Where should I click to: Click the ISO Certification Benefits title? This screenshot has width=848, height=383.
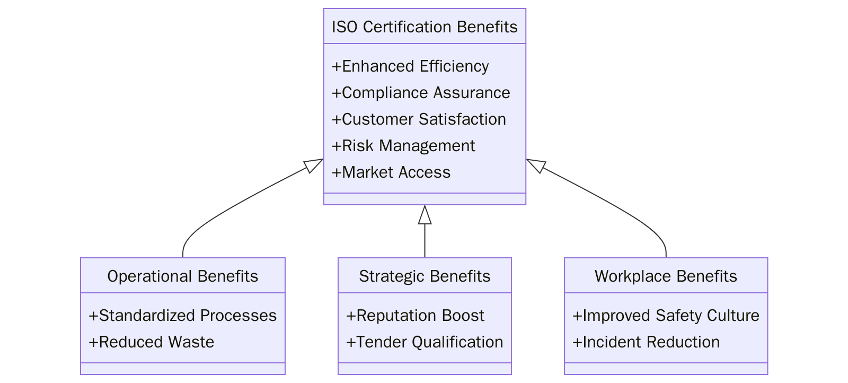(424, 27)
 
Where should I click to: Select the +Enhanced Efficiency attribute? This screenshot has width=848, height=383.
(410, 66)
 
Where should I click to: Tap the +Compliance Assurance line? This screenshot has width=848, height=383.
(420, 93)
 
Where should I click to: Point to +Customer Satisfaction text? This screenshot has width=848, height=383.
(418, 119)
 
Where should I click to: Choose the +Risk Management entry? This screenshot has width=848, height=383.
(403, 146)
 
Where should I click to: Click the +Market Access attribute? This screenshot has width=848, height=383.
(391, 172)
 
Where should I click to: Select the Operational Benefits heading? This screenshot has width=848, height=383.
(182, 276)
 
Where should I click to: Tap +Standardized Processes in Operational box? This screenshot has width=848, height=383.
(182, 316)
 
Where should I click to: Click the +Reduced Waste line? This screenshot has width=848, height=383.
(151, 342)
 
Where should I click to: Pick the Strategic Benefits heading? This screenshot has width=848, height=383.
(425, 276)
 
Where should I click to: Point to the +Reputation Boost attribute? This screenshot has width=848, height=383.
(414, 316)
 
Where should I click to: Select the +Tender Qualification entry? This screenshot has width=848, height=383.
(424, 342)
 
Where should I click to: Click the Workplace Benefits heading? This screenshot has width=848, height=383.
(666, 276)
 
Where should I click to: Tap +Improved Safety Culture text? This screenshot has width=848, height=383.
(666, 316)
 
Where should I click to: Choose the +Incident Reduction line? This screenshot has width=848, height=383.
(646, 342)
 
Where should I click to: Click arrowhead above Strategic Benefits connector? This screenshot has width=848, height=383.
(425, 215)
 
